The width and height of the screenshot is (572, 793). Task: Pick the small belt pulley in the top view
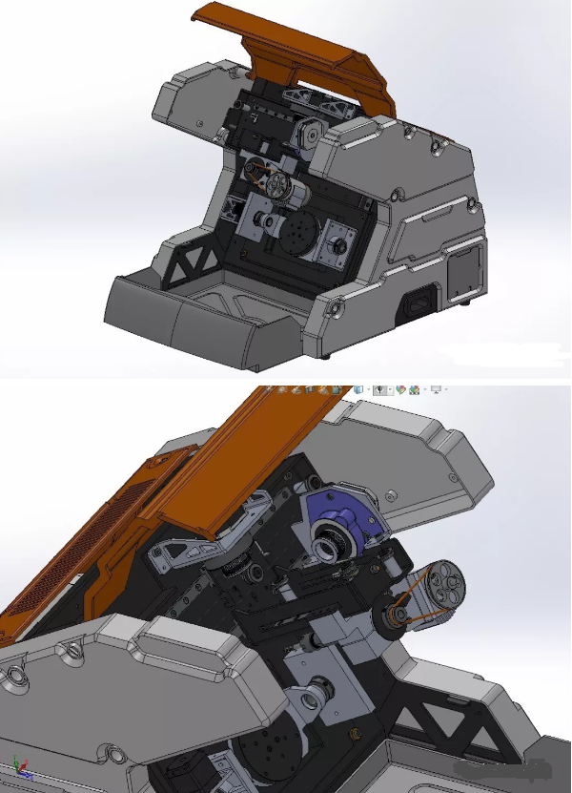tap(255, 173)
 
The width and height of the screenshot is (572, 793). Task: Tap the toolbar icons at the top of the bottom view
tap(353, 389)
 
